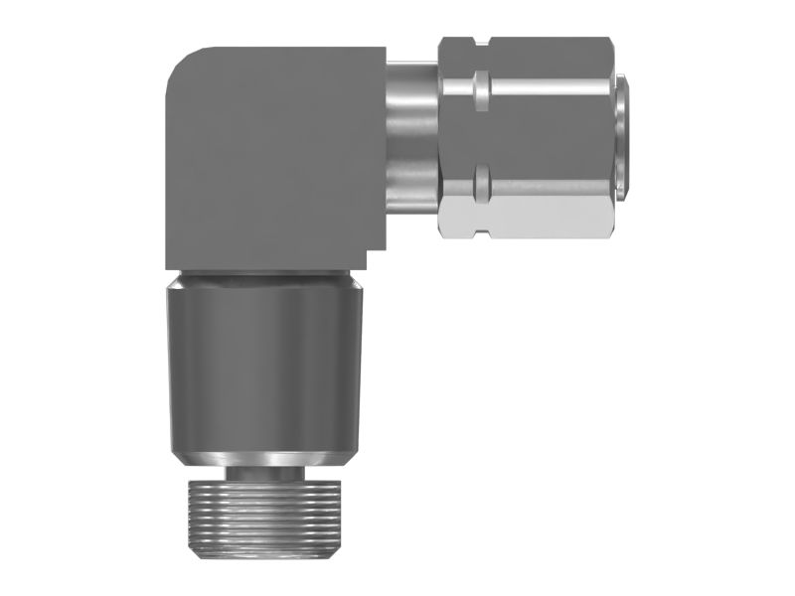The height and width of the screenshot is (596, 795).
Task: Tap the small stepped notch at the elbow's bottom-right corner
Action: (375, 260)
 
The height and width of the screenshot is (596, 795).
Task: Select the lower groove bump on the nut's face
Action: (481, 179)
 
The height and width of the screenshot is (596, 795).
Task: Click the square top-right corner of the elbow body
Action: (382, 50)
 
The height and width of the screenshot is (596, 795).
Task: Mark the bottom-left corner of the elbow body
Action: (169, 263)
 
